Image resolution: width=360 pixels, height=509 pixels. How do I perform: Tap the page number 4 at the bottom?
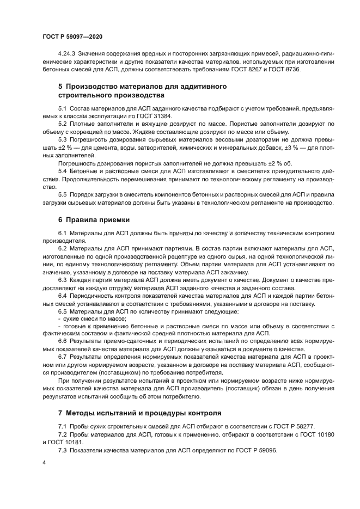(44, 462)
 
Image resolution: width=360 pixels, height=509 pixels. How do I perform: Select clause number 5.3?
(62, 139)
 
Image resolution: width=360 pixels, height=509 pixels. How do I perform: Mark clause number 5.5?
(62, 195)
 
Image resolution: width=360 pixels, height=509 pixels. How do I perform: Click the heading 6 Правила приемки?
(94, 220)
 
